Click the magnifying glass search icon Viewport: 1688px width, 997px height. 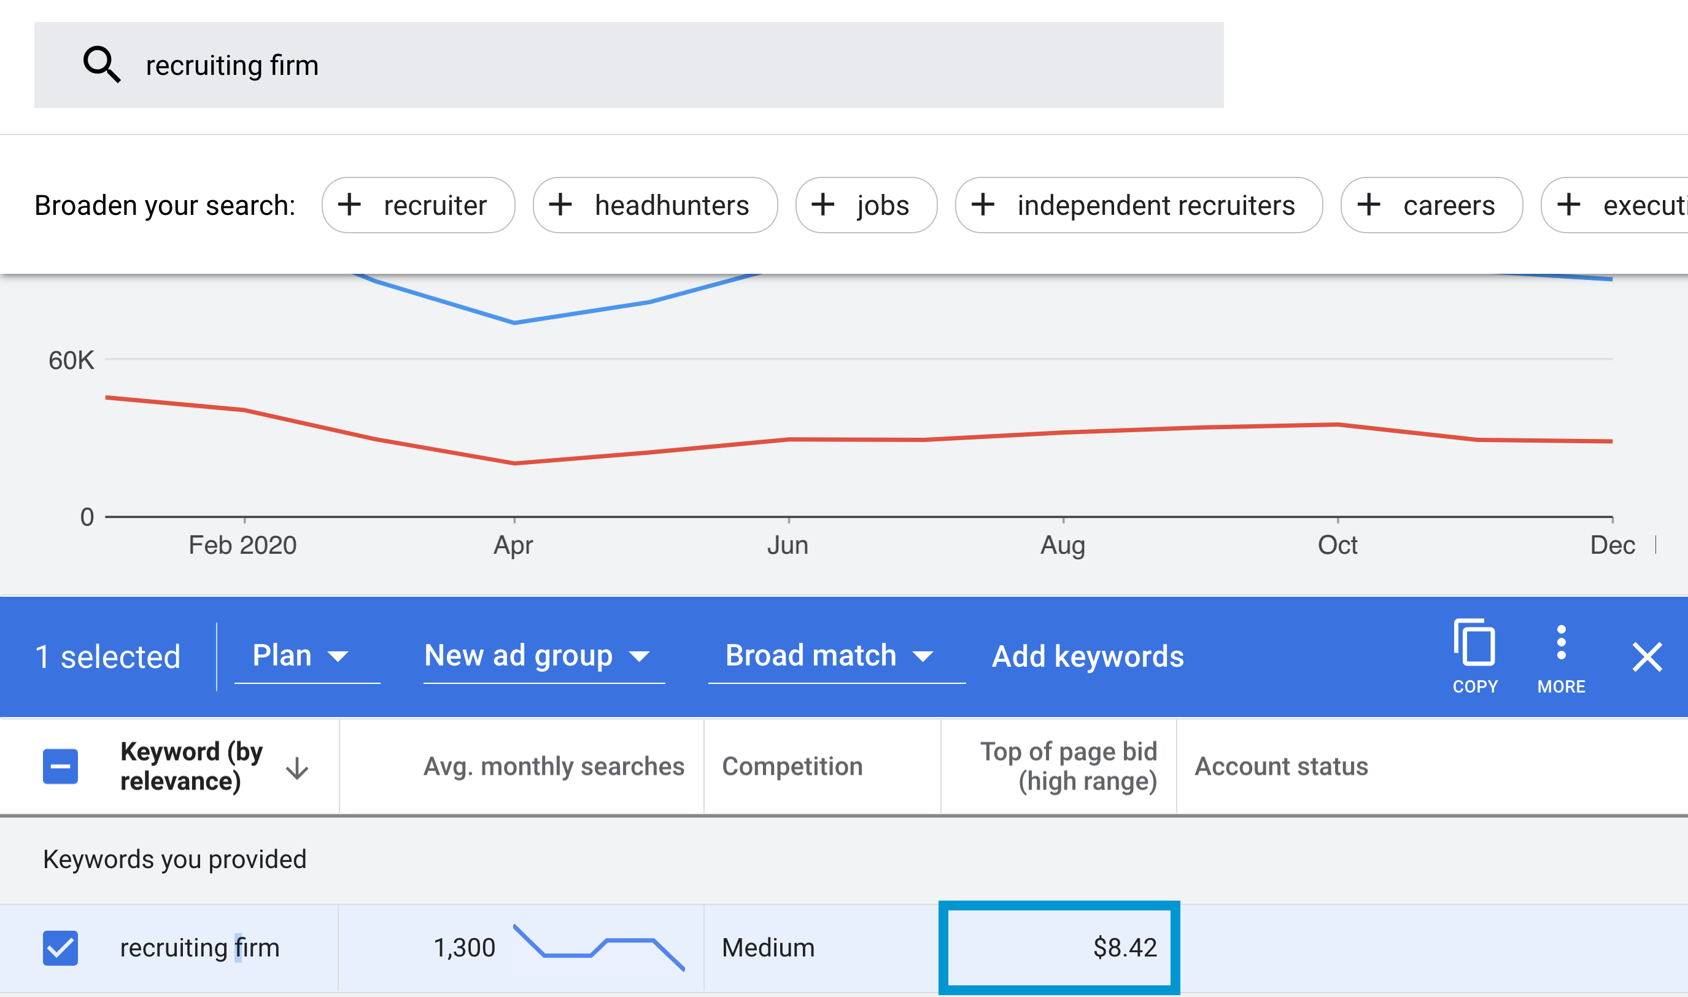pyautogui.click(x=101, y=64)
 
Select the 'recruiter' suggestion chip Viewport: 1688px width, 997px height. pyautogui.click(x=418, y=205)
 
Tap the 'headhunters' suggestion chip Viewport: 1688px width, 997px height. pyautogui.click(x=655, y=205)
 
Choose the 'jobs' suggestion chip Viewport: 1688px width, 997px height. pyautogui.click(x=866, y=205)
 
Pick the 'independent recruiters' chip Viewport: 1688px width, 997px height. pyautogui.click(x=1139, y=205)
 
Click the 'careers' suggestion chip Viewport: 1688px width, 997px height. pyautogui.click(x=1431, y=205)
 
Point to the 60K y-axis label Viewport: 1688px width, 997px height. pyautogui.click(x=71, y=361)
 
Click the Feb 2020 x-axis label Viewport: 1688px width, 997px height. pyautogui.click(x=242, y=545)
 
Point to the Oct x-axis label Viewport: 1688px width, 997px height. pyautogui.click(x=1338, y=545)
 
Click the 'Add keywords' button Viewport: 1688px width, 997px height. pyautogui.click(x=1088, y=656)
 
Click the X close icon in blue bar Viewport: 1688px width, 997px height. pyautogui.click(x=1647, y=656)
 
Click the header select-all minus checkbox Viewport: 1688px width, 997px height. pyautogui.click(x=60, y=766)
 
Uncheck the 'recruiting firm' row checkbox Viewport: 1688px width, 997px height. pyautogui.click(x=60, y=947)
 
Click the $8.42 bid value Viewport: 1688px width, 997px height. pyautogui.click(x=1125, y=947)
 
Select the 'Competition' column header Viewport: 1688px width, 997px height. pyautogui.click(x=792, y=766)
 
